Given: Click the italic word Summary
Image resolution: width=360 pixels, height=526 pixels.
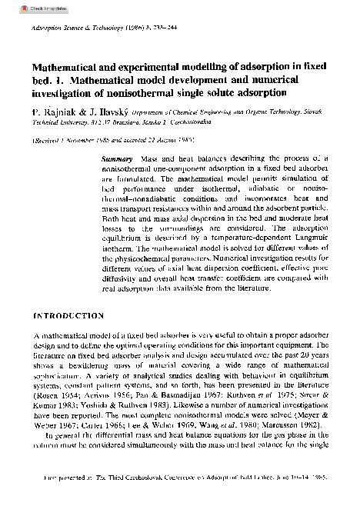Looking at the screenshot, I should click(x=118, y=158).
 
